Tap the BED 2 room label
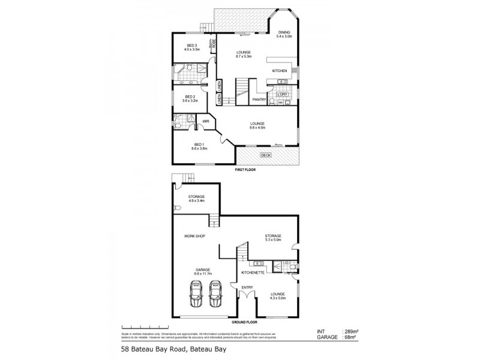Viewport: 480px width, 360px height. [x=190, y=97]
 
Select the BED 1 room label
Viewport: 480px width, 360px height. [x=199, y=144]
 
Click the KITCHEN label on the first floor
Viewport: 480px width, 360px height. [x=280, y=71]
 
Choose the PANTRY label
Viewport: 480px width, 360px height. [x=259, y=100]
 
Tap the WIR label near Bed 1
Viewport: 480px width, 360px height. [x=205, y=121]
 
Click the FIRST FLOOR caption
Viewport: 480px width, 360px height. [x=247, y=170]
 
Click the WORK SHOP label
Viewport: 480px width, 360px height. [x=195, y=236]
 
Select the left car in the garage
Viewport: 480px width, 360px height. [x=196, y=294]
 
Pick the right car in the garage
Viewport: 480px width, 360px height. [x=214, y=294]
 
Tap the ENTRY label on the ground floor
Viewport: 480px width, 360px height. [x=247, y=287]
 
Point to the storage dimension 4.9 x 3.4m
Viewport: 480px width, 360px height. [x=196, y=201]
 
